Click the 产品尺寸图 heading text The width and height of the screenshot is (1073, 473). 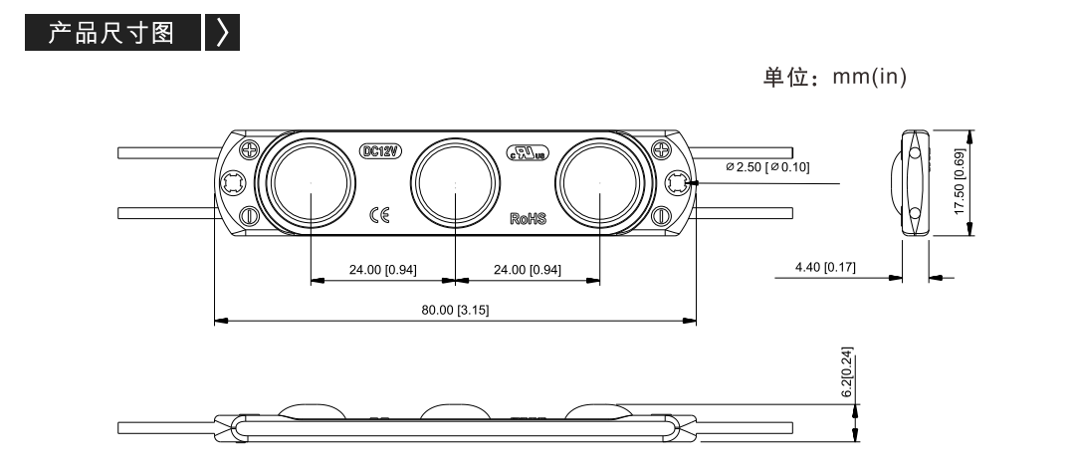tap(110, 33)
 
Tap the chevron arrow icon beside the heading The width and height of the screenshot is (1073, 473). tap(222, 32)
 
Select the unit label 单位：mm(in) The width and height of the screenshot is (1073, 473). tap(835, 77)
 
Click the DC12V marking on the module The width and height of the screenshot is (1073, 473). tap(380, 151)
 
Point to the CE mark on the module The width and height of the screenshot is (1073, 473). tap(379, 215)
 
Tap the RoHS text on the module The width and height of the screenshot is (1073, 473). tap(529, 218)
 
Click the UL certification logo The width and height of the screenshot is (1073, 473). tap(527, 152)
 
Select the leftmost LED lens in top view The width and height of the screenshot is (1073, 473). tap(311, 183)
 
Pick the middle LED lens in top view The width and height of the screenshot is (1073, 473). tap(455, 183)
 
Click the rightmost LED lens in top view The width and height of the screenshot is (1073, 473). tap(599, 183)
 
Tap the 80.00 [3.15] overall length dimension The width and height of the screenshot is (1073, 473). tap(455, 310)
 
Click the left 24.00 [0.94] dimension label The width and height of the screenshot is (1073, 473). tap(382, 270)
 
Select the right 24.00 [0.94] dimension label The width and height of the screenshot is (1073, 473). tap(528, 270)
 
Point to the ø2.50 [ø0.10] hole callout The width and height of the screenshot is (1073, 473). tap(767, 167)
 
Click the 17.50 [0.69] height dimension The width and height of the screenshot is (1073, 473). tap(960, 182)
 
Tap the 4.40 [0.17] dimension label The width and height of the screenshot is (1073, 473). tap(825, 267)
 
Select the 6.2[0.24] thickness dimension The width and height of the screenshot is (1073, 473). tap(847, 372)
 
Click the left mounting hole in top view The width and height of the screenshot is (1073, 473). tap(231, 183)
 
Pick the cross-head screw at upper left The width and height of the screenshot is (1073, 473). tap(250, 148)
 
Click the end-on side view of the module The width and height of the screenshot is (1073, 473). tap(914, 183)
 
